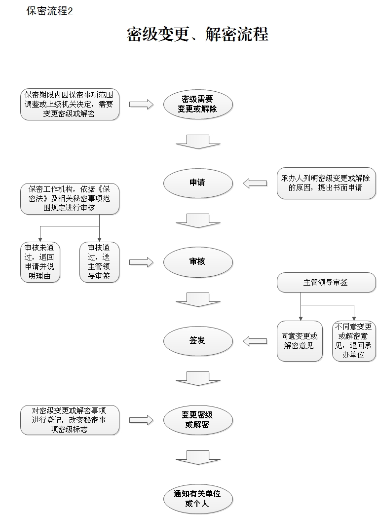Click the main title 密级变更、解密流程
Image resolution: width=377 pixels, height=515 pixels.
click(x=197, y=35)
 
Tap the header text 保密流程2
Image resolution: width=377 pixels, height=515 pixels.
click(x=49, y=11)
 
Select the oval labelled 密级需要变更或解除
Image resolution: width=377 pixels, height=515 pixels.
click(x=197, y=104)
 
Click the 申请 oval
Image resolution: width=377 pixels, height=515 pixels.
click(x=197, y=183)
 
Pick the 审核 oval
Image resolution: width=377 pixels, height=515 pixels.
click(x=197, y=262)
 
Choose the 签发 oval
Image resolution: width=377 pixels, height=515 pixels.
click(x=197, y=341)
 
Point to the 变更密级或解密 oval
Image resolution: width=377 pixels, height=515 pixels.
click(x=197, y=420)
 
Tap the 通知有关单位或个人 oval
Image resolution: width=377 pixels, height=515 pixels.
click(x=197, y=499)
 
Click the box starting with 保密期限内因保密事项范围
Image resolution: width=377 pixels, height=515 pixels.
click(x=70, y=105)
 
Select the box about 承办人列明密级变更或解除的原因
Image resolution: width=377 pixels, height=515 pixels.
click(x=326, y=183)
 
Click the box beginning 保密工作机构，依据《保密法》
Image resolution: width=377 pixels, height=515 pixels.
click(x=70, y=199)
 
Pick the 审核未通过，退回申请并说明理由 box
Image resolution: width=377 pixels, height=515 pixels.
click(x=39, y=262)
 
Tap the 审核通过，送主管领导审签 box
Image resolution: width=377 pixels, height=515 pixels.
click(x=99, y=262)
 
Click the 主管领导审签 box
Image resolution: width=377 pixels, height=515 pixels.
click(x=326, y=283)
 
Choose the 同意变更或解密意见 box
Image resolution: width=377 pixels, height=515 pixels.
click(x=300, y=341)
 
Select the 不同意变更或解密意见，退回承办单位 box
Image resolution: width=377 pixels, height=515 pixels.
click(x=354, y=341)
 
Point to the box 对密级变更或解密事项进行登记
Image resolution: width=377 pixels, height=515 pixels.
click(x=70, y=420)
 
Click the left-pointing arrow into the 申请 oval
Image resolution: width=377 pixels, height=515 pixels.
click(x=255, y=184)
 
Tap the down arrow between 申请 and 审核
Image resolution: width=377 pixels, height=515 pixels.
click(x=197, y=221)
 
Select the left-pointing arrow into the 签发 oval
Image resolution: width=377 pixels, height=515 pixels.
click(x=255, y=341)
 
